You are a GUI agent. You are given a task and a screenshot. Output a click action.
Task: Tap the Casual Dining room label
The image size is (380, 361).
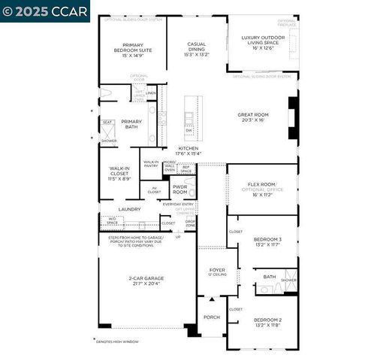point(197,49)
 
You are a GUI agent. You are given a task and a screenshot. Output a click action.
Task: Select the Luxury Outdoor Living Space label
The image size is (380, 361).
point(262,44)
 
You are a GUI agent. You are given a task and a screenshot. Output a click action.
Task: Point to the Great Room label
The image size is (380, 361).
point(252,117)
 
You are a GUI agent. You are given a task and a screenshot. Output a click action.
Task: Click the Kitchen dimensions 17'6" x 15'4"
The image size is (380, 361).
point(188,153)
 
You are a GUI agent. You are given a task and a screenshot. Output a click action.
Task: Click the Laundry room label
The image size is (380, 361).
point(129,209)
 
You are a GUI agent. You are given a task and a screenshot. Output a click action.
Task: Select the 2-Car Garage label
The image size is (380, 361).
point(146,281)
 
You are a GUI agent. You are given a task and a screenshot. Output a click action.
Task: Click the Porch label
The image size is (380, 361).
point(212,317)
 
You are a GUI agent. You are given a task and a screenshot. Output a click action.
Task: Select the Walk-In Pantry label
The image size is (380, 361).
point(151,163)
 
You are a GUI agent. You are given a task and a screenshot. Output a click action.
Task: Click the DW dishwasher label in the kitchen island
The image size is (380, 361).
point(189,130)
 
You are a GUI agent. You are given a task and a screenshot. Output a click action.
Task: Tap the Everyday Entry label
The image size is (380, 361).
point(178,204)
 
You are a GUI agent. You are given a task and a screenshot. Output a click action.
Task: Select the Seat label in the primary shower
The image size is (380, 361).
point(107,122)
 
